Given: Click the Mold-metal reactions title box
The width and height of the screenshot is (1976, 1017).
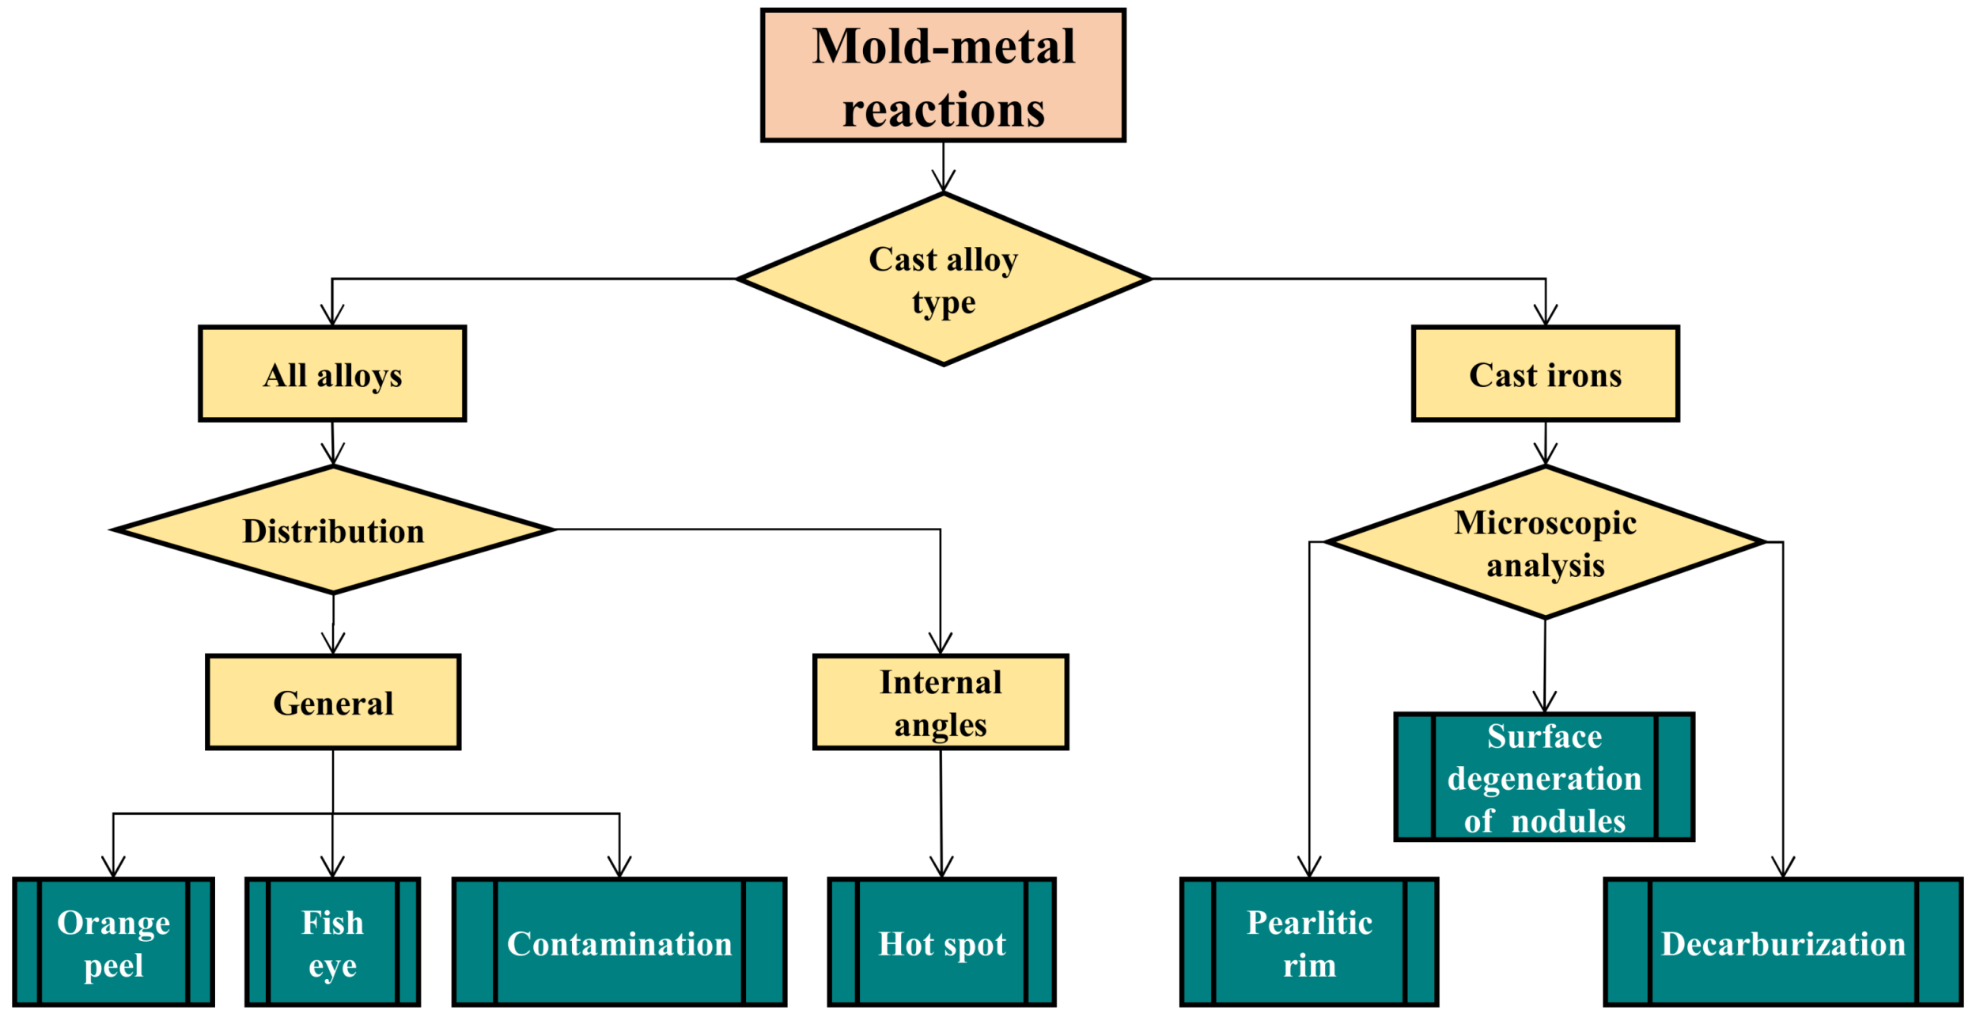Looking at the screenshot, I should pos(942,75).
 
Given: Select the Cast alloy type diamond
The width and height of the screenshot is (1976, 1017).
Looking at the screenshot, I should pos(942,279).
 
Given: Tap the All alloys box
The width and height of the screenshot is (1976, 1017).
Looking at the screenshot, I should pos(332,374).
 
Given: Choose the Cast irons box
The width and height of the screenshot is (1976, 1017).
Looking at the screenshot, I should pos(1544,374).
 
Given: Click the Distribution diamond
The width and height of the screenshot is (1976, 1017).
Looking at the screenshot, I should pos(333,529).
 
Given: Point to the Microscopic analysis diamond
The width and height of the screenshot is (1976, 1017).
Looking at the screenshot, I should pos(1544,543).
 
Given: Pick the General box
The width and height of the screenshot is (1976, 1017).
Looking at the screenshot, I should pos(333,702).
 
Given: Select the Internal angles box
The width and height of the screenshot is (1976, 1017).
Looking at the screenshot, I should pos(940,702).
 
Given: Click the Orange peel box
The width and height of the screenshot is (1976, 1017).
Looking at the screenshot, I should pos(113,943).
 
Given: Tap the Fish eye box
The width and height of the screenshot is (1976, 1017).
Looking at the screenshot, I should pos(332,943).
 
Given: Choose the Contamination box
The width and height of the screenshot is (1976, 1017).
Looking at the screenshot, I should pos(619,943).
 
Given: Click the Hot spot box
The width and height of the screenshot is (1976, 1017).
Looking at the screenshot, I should pos(941,943).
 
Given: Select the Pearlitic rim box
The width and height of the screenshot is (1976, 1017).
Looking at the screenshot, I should pos(1308,943).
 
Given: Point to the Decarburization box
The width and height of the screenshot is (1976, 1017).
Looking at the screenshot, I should pos(1782,943).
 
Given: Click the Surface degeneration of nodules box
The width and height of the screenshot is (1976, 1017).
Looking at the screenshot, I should pos(1543,777).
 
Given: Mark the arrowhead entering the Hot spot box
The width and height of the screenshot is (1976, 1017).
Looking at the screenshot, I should pos(941,869).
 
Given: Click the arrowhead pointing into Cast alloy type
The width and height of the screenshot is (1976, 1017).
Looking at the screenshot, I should pos(943,183).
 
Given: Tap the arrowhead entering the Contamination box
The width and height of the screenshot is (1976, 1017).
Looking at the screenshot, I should pos(619,869).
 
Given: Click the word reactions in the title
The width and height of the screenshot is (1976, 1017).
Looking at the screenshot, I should pos(943,109).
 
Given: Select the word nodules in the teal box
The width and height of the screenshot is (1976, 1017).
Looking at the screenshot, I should pos(1568,821).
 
